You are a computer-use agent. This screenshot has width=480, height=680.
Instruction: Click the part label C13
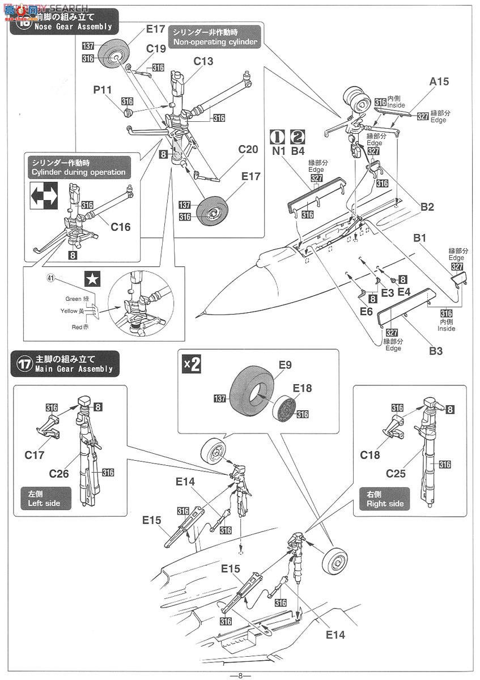coord(203,61)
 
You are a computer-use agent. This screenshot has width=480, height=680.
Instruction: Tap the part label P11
coord(103,90)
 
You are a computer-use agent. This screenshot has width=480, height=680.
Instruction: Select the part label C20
coord(248,149)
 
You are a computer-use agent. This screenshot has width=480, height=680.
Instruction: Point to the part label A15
coord(439,82)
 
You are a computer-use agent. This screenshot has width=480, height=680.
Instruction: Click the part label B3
coord(435,351)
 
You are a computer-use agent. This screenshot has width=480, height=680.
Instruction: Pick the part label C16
coord(121,227)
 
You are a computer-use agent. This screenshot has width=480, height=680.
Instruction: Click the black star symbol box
coord(91,278)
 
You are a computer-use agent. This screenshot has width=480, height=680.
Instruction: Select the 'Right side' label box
coord(385,498)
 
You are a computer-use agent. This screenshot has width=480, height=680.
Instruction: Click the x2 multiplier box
coord(192,364)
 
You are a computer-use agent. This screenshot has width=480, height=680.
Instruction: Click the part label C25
coord(396,473)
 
